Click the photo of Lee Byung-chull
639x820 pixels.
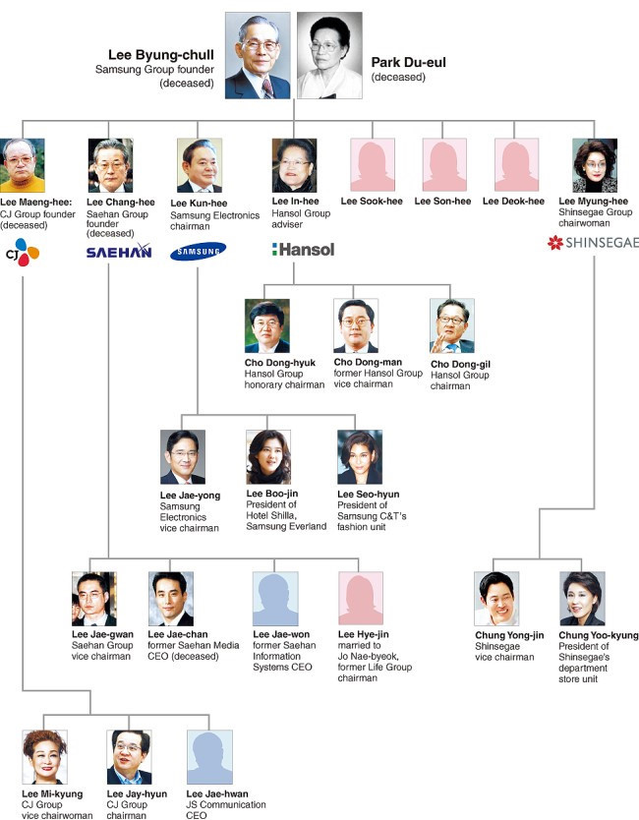(258, 56)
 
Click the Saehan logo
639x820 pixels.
(119, 252)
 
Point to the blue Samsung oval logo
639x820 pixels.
(198, 252)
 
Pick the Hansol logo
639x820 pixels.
(304, 250)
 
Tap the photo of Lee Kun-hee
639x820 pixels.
(200, 165)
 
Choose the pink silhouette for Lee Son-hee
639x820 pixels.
(444, 165)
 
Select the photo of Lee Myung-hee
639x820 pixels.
(595, 165)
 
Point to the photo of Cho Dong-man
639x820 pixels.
(356, 326)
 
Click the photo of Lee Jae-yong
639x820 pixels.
(183, 457)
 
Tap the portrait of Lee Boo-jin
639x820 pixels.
(268, 457)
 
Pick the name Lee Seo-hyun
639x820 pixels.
(368, 494)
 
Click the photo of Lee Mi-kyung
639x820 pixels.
(45, 757)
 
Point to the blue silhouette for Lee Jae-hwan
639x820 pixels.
(209, 757)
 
